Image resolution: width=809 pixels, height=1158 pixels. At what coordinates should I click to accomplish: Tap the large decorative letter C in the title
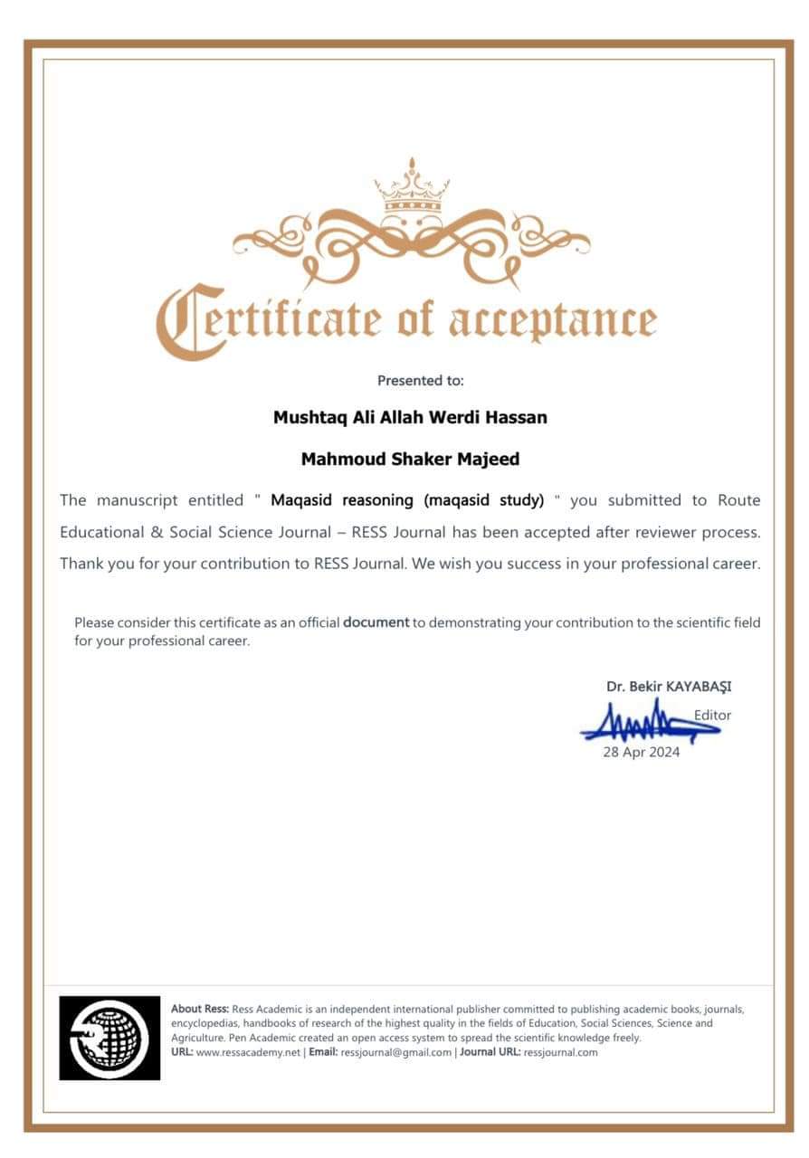tap(182, 322)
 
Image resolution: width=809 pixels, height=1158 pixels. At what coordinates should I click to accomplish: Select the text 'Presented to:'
tap(420, 381)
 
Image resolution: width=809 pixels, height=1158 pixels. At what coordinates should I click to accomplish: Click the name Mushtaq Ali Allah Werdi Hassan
tap(410, 418)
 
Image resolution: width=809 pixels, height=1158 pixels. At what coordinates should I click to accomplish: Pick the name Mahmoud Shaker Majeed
tap(410, 460)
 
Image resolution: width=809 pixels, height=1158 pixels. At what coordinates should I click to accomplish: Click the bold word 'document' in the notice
tap(376, 622)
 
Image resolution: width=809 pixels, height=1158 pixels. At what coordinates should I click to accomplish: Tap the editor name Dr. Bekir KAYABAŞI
tap(669, 687)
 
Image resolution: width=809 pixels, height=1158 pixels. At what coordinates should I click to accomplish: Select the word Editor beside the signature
tap(712, 715)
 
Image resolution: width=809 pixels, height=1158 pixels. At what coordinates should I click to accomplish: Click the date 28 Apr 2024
tap(642, 752)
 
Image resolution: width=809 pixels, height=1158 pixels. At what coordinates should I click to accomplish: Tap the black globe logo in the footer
tap(109, 1038)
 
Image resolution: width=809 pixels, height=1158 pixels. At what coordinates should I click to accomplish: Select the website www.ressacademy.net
tap(248, 1052)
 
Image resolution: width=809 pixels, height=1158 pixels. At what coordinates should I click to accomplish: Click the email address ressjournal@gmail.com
tap(396, 1052)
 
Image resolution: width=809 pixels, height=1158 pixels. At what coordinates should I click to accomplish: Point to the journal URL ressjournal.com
tap(560, 1052)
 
